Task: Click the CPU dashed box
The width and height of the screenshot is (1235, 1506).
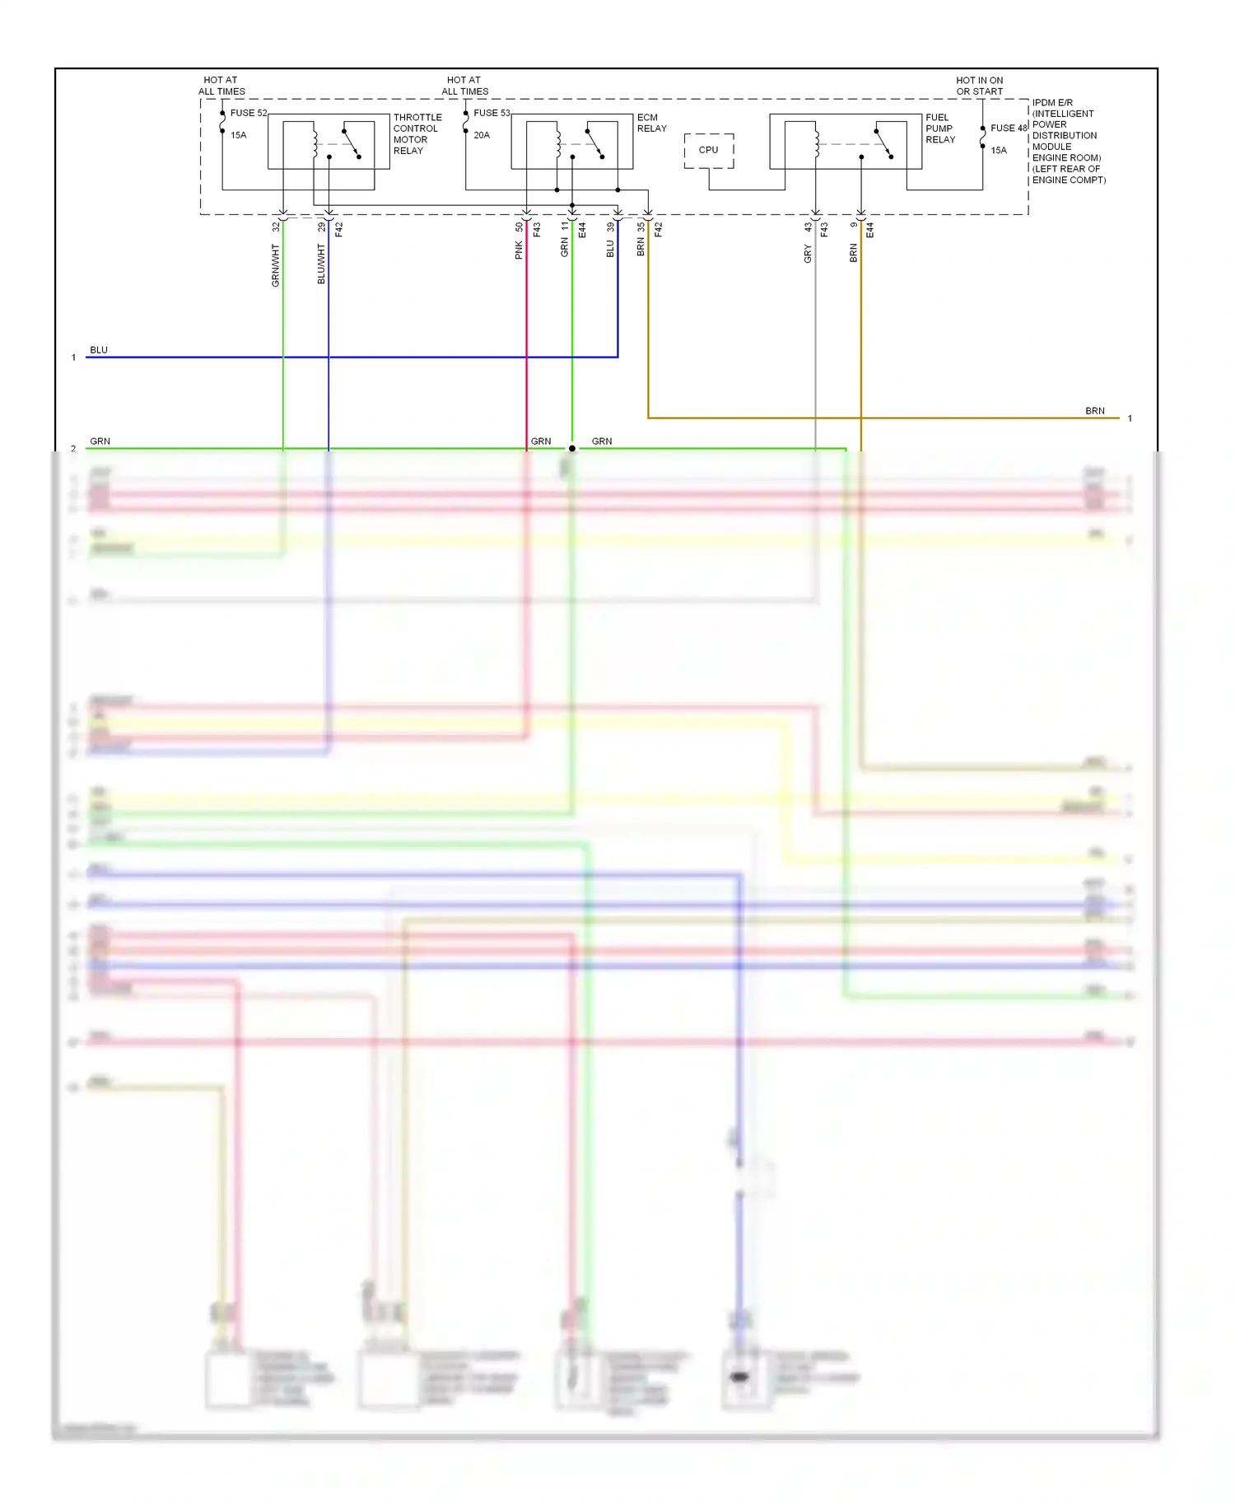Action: click(x=708, y=151)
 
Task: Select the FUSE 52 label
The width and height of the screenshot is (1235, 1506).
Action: click(x=249, y=113)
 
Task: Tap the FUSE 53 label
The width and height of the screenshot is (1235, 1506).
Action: click(x=492, y=113)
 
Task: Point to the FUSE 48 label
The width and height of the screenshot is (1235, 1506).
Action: click(x=1009, y=129)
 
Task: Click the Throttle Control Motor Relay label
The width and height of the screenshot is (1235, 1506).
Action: click(x=417, y=134)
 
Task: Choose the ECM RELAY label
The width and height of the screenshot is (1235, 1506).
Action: click(x=651, y=124)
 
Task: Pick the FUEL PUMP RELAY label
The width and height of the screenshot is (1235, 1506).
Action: click(x=940, y=129)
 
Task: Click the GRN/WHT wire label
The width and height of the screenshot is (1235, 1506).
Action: click(x=276, y=265)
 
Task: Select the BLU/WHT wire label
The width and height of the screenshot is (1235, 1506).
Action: click(x=321, y=264)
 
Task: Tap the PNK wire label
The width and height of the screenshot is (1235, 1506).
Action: click(x=519, y=250)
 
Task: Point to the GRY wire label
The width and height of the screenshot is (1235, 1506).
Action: click(x=808, y=255)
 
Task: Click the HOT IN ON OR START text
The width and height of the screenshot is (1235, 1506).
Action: click(x=980, y=87)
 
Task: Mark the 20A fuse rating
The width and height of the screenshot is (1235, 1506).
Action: click(x=482, y=135)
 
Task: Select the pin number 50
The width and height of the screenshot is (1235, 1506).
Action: click(x=519, y=227)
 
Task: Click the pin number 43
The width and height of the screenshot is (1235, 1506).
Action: click(x=808, y=227)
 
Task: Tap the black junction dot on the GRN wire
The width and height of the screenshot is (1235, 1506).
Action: click(x=572, y=449)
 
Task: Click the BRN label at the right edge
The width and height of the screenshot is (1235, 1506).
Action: click(x=1094, y=411)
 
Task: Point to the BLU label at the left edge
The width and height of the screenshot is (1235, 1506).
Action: click(x=99, y=350)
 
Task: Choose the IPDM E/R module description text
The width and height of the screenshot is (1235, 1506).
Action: click(x=1068, y=142)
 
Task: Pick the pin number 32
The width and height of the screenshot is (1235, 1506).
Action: click(x=276, y=227)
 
